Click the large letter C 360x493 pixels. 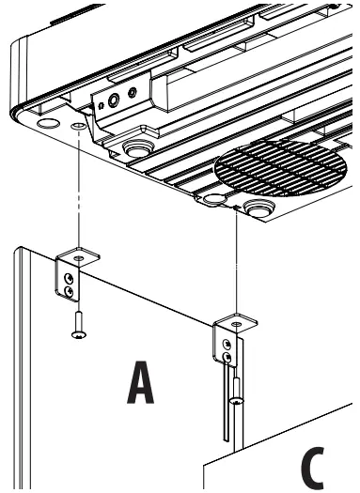pyautogui.click(x=317, y=465)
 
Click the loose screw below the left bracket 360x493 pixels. pyautogui.click(x=78, y=324)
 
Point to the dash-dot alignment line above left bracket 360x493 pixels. pyautogui.click(x=79, y=188)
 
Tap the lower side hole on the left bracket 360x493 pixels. pyautogui.click(x=68, y=291)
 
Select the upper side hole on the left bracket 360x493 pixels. pyautogui.click(x=68, y=277)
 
